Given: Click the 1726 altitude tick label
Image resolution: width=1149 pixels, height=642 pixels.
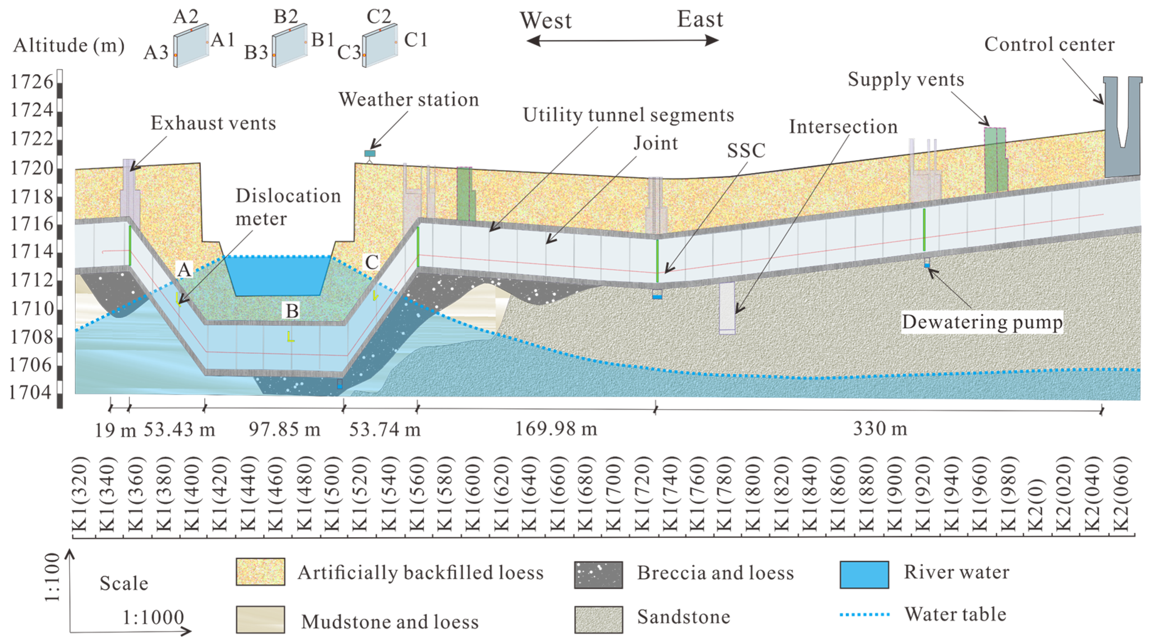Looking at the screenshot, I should [31, 82].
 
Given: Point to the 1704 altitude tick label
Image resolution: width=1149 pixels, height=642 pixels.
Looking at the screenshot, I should [30, 393].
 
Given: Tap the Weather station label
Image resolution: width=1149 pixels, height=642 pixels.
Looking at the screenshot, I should [408, 99].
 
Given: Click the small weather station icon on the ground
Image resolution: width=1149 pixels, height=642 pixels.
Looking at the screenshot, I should [370, 154].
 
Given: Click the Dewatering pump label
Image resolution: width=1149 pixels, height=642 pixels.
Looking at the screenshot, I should [982, 322].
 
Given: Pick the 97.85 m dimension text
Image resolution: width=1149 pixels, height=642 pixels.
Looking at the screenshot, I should [284, 429].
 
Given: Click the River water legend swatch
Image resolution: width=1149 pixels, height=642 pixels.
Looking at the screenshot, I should [864, 575].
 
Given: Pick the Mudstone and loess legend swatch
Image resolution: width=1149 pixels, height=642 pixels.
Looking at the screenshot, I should [260, 619].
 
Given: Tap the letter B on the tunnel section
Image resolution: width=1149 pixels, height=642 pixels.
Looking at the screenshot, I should [292, 311].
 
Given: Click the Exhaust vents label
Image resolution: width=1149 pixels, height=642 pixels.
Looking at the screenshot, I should [213, 123].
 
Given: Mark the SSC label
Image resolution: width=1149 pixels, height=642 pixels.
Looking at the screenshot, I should [746, 151].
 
